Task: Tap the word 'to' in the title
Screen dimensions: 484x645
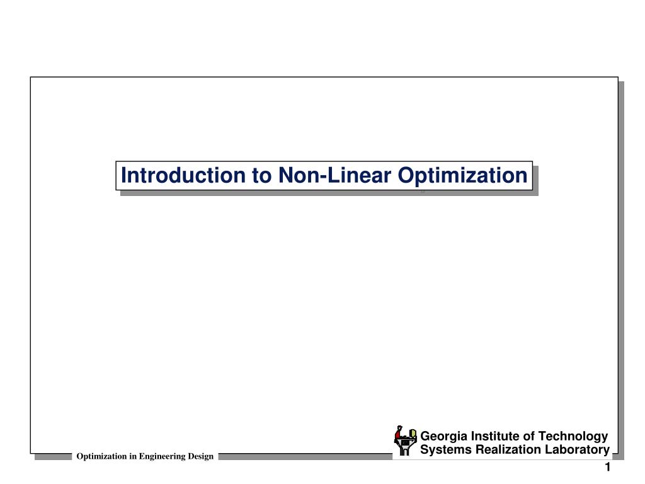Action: [261, 175]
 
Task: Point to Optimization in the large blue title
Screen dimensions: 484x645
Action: [463, 176]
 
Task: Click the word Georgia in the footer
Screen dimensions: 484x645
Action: [442, 436]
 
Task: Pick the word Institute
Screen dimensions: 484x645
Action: [494, 436]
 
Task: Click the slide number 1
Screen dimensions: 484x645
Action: [608, 468]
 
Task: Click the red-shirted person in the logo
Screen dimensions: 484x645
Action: [398, 435]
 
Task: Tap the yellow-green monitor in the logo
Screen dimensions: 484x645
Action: [413, 434]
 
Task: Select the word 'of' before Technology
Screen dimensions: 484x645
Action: [529, 436]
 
